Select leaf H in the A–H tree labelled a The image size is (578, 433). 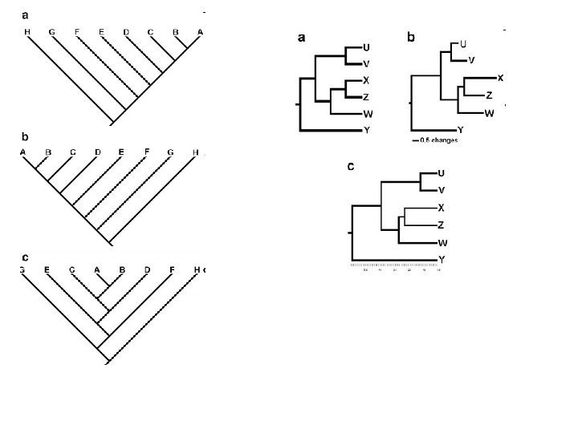tap(27, 32)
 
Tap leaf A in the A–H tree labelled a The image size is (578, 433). tap(200, 32)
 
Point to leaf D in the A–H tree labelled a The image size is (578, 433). tap(126, 32)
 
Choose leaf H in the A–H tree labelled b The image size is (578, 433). tap(195, 152)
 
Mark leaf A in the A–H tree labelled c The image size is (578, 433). tap(97, 270)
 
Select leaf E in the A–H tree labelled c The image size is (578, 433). tap(47, 270)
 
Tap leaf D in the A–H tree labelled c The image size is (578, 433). tap(146, 270)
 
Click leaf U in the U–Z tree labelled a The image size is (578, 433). tap(366, 47)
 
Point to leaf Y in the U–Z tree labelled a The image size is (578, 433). tap(366, 129)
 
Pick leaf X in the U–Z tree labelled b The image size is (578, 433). tap(500, 78)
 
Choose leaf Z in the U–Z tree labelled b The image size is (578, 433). tap(489, 95)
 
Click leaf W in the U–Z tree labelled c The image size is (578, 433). tap(442, 242)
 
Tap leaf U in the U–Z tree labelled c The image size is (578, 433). tap(442, 173)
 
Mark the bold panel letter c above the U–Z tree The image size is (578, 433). tap(351, 167)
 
